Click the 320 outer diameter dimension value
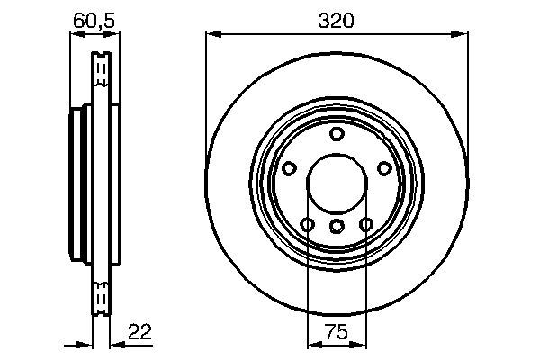point(337,17)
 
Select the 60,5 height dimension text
point(94,17)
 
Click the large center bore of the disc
point(337,184)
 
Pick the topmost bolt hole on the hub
point(337,134)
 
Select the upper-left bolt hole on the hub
point(290,168)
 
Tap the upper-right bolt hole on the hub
point(384,168)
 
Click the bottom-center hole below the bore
point(337,226)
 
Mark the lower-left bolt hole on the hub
point(308,224)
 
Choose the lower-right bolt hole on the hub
point(366,224)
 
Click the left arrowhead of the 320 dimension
point(212,34)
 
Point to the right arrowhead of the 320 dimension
point(463,34)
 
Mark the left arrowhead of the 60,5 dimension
point(75,34)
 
